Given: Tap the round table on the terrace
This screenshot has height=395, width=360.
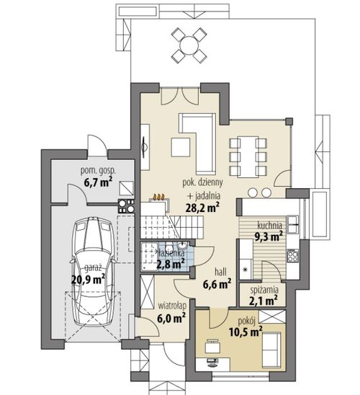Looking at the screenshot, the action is pyautogui.click(x=189, y=45).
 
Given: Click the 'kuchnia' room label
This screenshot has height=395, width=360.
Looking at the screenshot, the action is pyautogui.click(x=269, y=225).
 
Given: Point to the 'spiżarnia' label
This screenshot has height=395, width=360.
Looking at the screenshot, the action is pyautogui.click(x=264, y=290).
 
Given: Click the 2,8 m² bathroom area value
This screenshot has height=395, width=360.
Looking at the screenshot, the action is pyautogui.click(x=171, y=264).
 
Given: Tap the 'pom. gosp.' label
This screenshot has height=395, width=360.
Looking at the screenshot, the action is pyautogui.click(x=98, y=171).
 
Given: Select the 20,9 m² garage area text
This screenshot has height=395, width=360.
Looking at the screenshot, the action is pyautogui.click(x=88, y=279).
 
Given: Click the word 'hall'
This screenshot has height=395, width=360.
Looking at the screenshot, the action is pyautogui.click(x=220, y=272).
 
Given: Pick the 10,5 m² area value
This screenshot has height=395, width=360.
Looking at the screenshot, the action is pyautogui.click(x=246, y=332).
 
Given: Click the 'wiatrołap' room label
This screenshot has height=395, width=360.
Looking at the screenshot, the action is pyautogui.click(x=172, y=306).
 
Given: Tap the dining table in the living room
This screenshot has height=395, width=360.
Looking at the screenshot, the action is pyautogui.click(x=248, y=156).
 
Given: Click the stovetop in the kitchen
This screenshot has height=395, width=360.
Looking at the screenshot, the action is pyautogui.click(x=293, y=255).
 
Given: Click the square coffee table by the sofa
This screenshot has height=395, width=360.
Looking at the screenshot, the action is pyautogui.click(x=181, y=147).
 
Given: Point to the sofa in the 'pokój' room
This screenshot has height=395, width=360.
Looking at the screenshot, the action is pyautogui.click(x=271, y=350).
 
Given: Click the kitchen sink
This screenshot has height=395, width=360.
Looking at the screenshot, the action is pyautogui.click(x=293, y=224).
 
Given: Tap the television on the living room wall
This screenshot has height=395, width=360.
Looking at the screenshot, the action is pyautogui.click(x=145, y=147).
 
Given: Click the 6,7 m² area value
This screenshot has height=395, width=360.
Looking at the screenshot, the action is pyautogui.click(x=98, y=182).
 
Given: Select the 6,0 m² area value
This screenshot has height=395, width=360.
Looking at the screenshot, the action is pyautogui.click(x=171, y=318).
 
